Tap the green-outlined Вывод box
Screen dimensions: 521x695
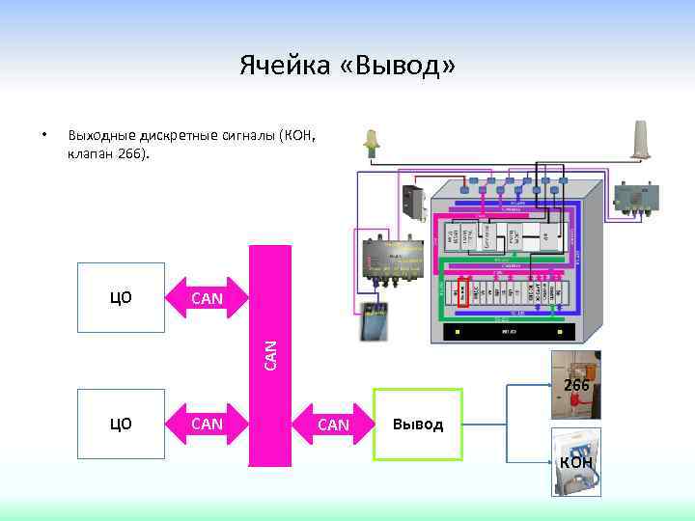tap(418, 425)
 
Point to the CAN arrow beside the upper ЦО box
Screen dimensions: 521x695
tap(208, 298)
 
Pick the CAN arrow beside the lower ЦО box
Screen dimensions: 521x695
tap(208, 423)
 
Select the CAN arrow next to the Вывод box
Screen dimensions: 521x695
tap(333, 425)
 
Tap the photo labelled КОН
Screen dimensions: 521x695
tap(576, 461)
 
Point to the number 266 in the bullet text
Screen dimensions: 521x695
tap(130, 152)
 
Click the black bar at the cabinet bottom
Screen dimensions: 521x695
tap(509, 331)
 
